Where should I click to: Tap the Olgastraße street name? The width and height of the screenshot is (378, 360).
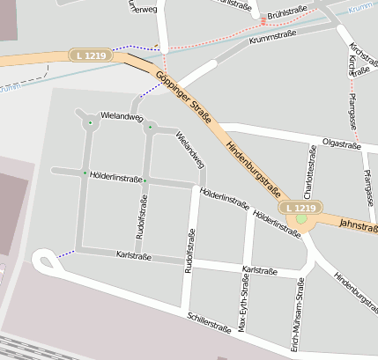(x=342, y=142)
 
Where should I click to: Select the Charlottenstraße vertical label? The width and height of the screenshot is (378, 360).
(x=310, y=171)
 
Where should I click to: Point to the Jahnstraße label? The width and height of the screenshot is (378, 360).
(x=358, y=224)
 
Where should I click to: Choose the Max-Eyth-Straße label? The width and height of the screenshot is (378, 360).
(x=244, y=303)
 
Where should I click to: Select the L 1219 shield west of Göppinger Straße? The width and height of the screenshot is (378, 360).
(x=91, y=55)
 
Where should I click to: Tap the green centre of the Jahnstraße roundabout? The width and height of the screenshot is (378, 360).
(x=301, y=218)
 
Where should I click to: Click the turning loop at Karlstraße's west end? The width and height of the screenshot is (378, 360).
(x=42, y=260)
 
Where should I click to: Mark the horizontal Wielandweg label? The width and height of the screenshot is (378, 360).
(x=122, y=115)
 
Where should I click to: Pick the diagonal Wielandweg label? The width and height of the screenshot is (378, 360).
(x=190, y=150)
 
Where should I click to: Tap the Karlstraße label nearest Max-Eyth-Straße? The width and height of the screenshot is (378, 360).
(x=260, y=270)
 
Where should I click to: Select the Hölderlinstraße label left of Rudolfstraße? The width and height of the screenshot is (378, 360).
(x=115, y=178)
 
